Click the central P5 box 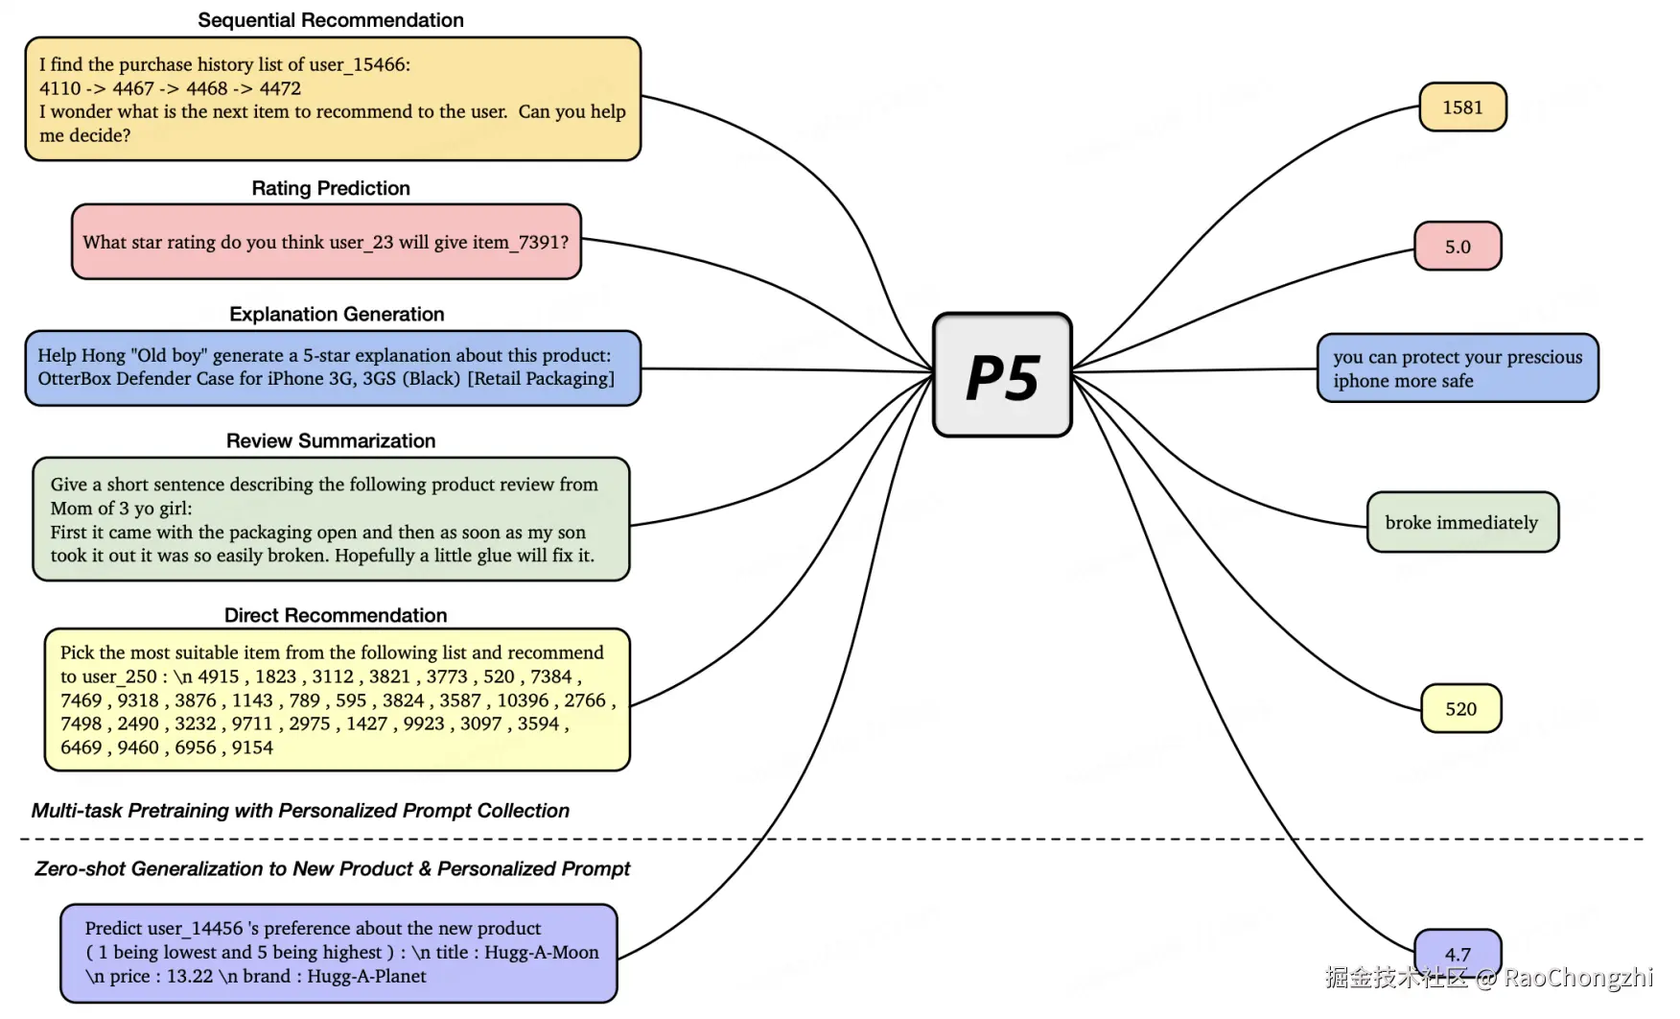click(x=1002, y=374)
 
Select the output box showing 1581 click(x=1462, y=107)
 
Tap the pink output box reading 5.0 click(x=1458, y=247)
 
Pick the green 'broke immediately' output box click(x=1462, y=522)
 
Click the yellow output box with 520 click(x=1460, y=708)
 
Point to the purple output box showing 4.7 click(x=1458, y=954)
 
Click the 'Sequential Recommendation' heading click(x=331, y=20)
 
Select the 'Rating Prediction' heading click(x=331, y=188)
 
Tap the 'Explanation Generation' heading click(x=337, y=314)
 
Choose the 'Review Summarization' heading click(x=331, y=440)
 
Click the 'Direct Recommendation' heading click(x=336, y=615)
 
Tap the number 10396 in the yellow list click(x=523, y=700)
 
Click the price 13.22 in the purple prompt click(x=190, y=976)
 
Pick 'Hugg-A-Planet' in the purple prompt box click(x=367, y=976)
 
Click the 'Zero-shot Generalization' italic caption click(x=332, y=868)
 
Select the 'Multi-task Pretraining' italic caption click(x=300, y=811)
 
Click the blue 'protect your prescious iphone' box click(x=1458, y=368)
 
